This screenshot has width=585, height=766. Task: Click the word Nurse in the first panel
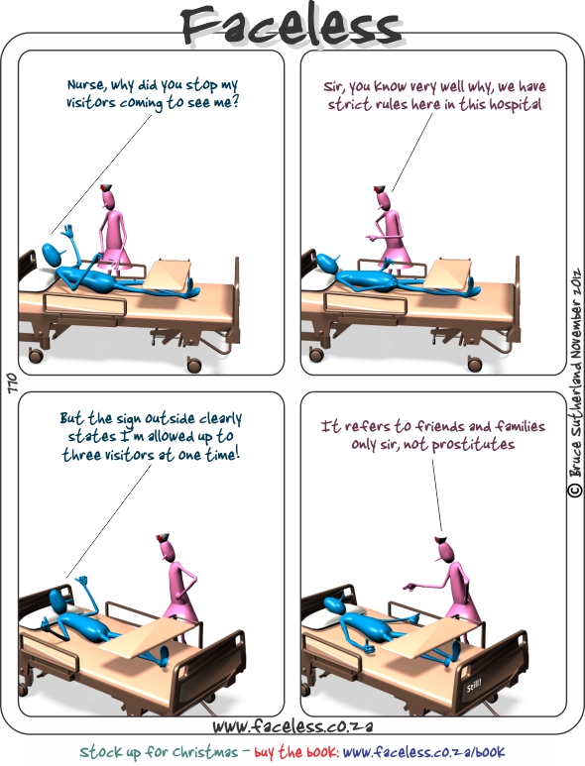click(86, 84)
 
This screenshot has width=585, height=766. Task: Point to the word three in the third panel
click(80, 454)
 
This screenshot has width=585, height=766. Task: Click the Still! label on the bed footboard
click(474, 686)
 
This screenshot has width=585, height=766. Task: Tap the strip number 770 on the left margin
click(12, 383)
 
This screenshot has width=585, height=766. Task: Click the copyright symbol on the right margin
click(575, 490)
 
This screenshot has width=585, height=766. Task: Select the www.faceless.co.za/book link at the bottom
click(423, 751)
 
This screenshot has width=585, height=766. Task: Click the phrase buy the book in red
click(296, 751)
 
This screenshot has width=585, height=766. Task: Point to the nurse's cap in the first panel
click(106, 186)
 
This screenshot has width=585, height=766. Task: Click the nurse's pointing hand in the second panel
click(370, 239)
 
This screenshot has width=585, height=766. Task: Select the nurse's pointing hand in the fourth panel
click(409, 586)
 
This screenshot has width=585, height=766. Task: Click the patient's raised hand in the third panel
click(80, 582)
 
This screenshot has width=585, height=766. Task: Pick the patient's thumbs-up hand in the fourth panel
click(369, 647)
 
